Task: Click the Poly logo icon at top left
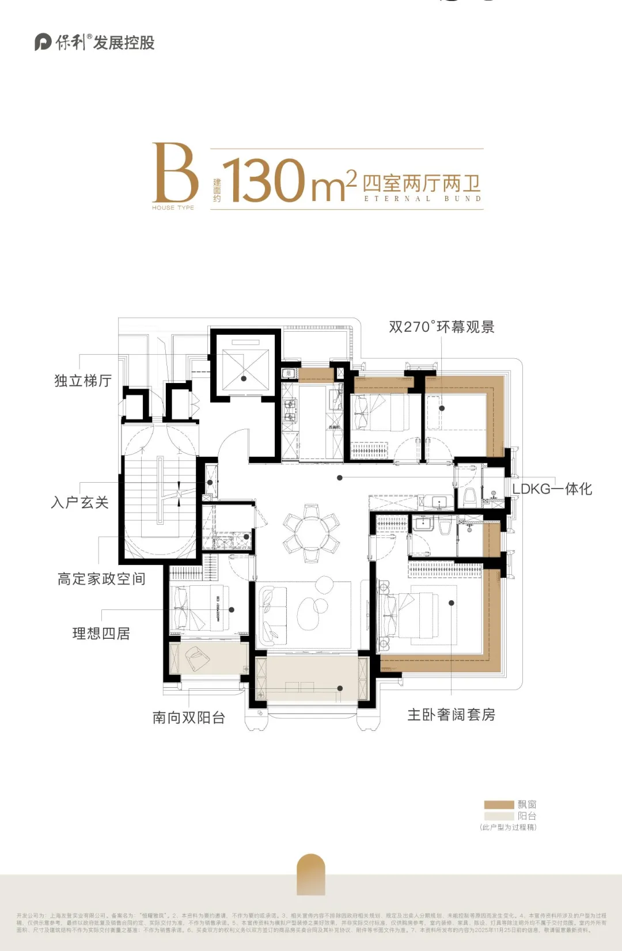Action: pos(43,42)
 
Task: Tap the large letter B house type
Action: pos(175,173)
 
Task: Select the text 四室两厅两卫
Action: pos(422,184)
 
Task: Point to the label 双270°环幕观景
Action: pos(442,327)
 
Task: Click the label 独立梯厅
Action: pos(83,381)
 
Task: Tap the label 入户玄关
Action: pos(80,502)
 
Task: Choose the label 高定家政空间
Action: pos(101,579)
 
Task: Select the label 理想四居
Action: pos(101,634)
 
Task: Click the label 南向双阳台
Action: pos(189,718)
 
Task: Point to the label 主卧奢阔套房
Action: pos(451,715)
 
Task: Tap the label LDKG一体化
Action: pos(552,489)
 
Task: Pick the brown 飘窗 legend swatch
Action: pos(499,805)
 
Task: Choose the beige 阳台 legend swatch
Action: pos(499,816)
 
